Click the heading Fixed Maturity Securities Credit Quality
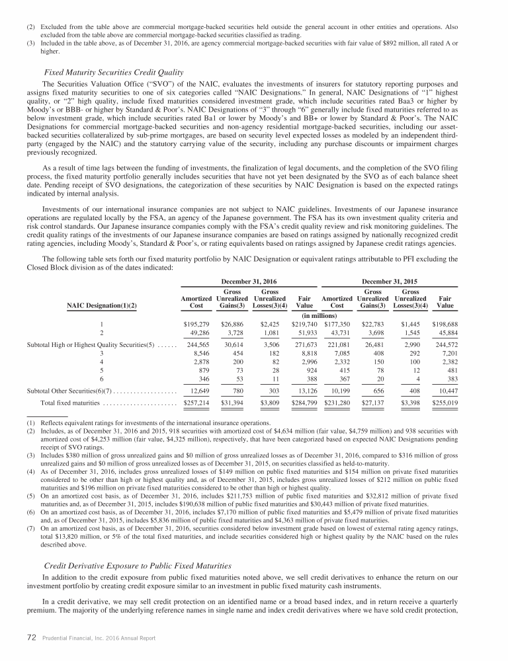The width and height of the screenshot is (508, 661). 113,71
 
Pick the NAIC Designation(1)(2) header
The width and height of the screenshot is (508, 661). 105,305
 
